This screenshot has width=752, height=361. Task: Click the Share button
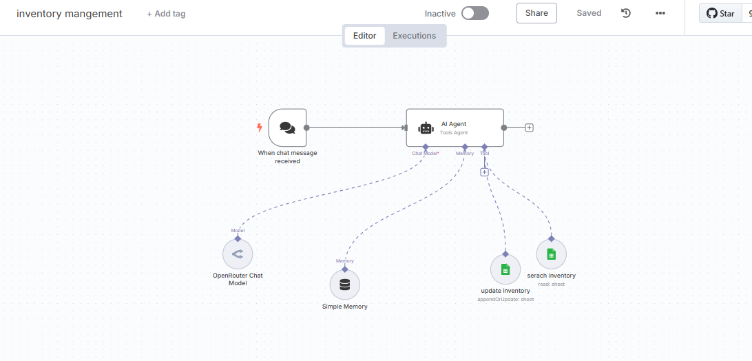[536, 13]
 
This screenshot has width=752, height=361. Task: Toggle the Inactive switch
[474, 13]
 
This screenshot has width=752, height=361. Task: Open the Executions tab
[414, 36]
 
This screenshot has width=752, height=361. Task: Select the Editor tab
[364, 36]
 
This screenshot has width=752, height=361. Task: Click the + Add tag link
[166, 14]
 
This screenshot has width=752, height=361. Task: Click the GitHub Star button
[720, 13]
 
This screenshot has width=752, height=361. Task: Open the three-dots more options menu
[660, 13]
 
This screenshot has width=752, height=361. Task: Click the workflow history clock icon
[626, 13]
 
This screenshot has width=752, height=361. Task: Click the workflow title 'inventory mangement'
[70, 14]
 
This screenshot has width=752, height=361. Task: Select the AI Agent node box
[455, 127]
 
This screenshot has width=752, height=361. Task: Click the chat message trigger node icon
[287, 127]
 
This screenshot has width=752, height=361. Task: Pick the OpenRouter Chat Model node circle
[238, 254]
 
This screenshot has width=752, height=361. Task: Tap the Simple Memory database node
[345, 285]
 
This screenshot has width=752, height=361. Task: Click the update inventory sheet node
[505, 269]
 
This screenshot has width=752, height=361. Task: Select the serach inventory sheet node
[551, 254]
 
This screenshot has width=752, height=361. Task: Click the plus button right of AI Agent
[529, 127]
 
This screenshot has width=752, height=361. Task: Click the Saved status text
[589, 13]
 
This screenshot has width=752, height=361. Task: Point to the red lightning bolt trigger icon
[259, 127]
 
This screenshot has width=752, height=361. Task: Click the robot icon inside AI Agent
[426, 128]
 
